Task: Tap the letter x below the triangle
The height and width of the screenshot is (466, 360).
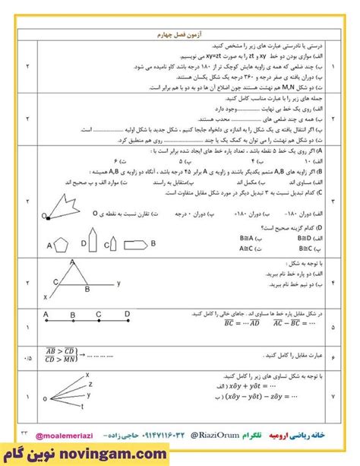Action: pyautogui.click(x=46, y=296)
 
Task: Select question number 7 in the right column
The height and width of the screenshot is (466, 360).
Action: pyautogui.click(x=333, y=395)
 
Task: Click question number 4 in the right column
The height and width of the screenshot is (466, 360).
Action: pyautogui.click(x=333, y=281)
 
